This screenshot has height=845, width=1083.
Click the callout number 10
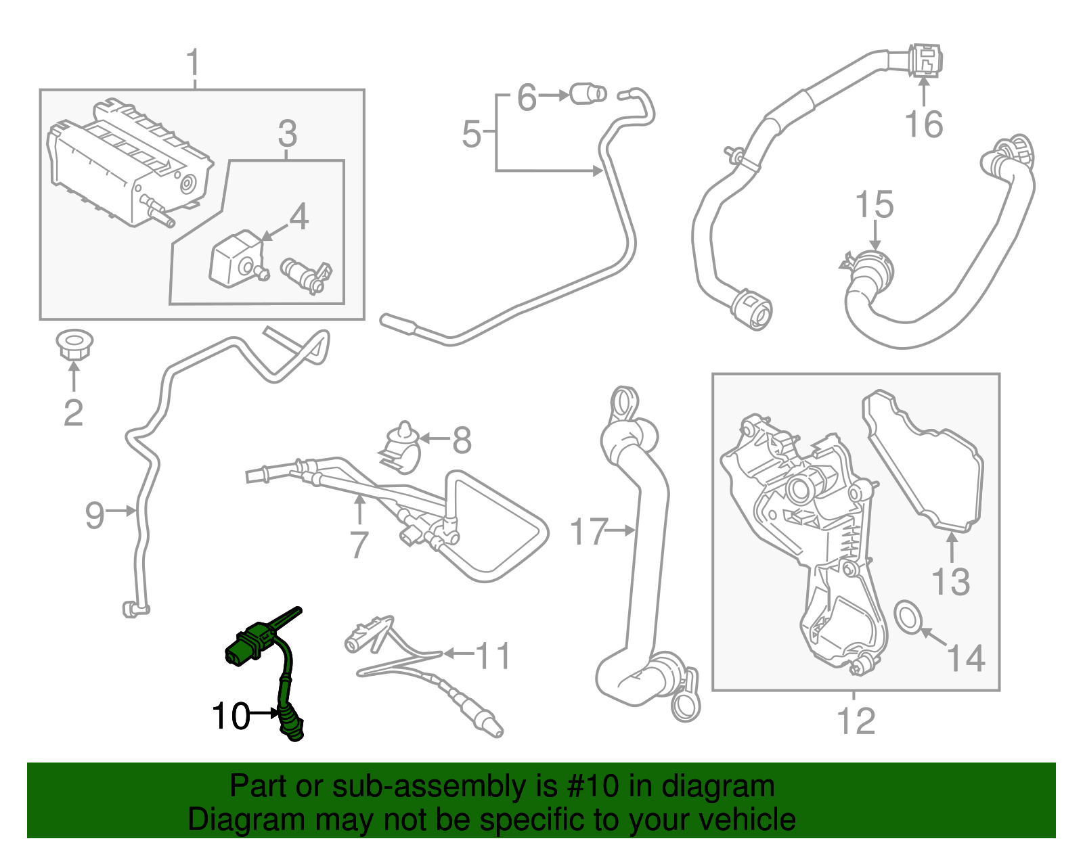pyautogui.click(x=230, y=716)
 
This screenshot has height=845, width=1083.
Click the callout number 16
pyautogui.click(x=923, y=124)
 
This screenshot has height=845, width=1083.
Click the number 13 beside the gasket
pyautogui.click(x=950, y=582)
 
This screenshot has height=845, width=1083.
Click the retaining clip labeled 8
pyautogui.click(x=402, y=447)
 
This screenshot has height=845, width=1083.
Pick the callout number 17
pyautogui.click(x=588, y=531)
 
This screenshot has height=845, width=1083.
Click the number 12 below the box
pyautogui.click(x=856, y=721)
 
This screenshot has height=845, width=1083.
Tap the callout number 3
pyautogui.click(x=287, y=134)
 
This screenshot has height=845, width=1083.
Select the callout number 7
pyautogui.click(x=359, y=544)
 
